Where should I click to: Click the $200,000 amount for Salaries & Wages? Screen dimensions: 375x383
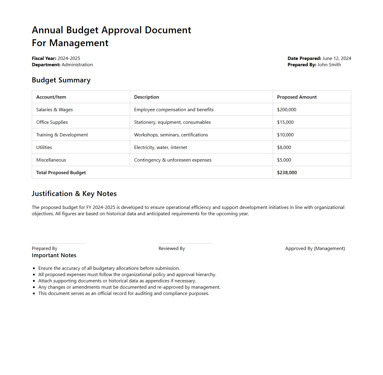click(287, 110)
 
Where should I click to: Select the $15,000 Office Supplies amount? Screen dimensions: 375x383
click(285, 122)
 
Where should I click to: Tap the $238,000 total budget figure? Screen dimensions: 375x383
click(287, 173)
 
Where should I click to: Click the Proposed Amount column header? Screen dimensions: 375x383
click(297, 97)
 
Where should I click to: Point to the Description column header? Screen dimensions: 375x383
click(147, 97)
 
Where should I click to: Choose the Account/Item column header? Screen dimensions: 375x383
click(51, 97)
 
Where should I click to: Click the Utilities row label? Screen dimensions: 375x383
click(44, 147)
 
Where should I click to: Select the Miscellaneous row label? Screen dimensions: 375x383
click(51, 160)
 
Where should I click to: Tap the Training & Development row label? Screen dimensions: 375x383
click(62, 135)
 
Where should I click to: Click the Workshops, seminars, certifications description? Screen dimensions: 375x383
click(171, 135)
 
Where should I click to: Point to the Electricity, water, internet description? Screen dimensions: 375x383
click(161, 147)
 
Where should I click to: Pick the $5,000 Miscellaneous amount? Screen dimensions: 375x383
click(284, 160)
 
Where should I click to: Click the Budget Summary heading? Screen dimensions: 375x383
click(61, 80)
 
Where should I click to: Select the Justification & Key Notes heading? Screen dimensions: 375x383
click(74, 194)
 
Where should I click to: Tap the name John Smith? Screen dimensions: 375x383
click(329, 65)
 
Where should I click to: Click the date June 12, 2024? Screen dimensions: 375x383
click(337, 58)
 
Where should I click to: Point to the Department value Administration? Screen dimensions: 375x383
click(77, 65)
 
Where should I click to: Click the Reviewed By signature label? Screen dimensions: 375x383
click(172, 249)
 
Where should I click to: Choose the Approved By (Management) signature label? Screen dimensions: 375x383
click(315, 249)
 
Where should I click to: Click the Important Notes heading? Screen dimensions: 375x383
click(54, 255)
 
